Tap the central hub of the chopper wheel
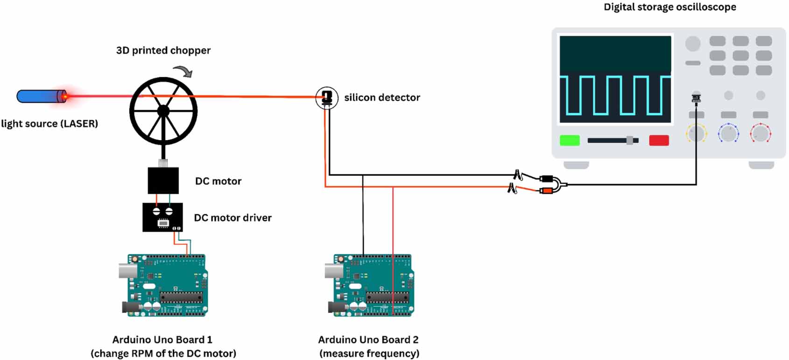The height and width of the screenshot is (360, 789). click(163, 111)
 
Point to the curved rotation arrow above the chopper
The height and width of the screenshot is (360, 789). click(183, 71)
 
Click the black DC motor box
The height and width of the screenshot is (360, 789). click(163, 181)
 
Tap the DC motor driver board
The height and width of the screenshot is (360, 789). click(162, 217)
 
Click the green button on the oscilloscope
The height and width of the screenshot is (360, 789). click(570, 141)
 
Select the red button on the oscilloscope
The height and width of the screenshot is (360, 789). click(659, 141)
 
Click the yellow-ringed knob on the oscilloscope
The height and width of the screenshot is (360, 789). click(696, 134)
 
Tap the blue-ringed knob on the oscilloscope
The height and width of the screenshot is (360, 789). click(728, 134)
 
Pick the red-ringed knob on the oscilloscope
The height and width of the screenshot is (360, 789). click(760, 134)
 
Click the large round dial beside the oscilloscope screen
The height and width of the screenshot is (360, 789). click(693, 44)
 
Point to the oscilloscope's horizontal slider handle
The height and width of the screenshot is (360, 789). click(630, 141)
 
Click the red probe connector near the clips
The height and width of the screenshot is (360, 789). click(546, 191)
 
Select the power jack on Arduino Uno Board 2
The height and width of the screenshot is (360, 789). click(336, 307)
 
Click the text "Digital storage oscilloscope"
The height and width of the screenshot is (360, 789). click(669, 7)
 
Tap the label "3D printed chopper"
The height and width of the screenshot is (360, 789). click(163, 50)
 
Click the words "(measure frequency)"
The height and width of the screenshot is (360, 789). click(369, 353)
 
